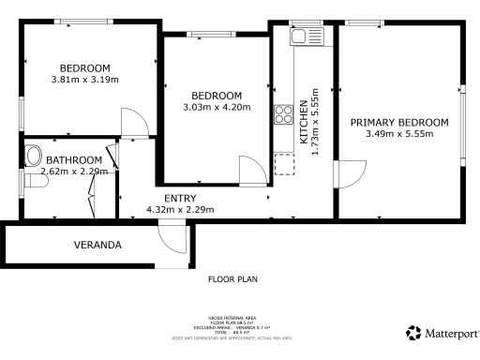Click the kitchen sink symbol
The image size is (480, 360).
tap(300, 37)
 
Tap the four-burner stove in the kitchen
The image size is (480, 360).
tap(281, 115)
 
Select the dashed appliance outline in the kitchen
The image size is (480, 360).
tap(282, 165)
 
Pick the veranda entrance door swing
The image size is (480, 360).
tap(172, 238)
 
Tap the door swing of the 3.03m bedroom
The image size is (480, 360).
tap(252, 172)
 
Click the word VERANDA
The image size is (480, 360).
tap(97, 246)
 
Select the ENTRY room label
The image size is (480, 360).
tap(180, 198)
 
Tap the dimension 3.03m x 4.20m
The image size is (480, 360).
tap(217, 108)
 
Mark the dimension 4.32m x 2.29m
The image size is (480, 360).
tap(180, 209)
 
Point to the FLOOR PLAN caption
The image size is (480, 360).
tap(232, 278)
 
